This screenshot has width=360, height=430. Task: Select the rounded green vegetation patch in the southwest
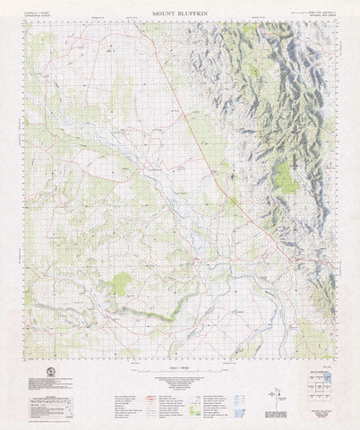point(121,284)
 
